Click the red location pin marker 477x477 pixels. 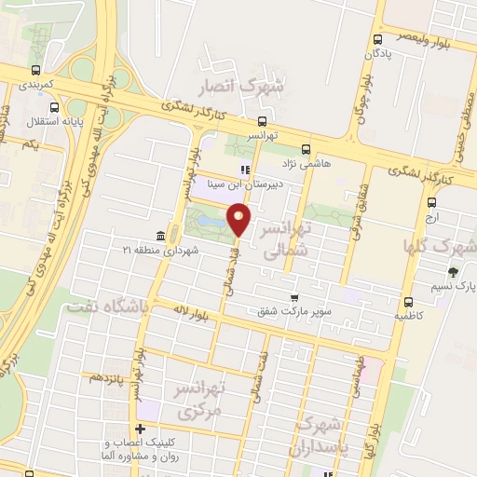239,220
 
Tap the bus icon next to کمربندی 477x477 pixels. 35,71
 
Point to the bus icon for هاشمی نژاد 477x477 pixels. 306,149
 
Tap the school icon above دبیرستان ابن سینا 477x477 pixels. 245,170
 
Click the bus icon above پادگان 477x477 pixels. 377,40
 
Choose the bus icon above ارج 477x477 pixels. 431,202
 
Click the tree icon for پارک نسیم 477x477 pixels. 453,272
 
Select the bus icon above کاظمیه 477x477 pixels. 408,301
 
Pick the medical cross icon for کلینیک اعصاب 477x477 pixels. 140,429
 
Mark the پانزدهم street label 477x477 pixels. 107,376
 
